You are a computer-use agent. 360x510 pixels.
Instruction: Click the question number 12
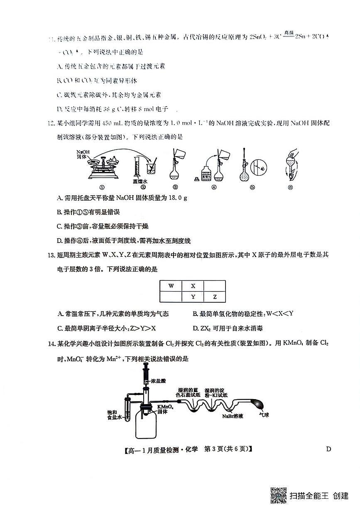click(x=51, y=124)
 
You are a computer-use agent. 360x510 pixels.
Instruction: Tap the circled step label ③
click(x=176, y=187)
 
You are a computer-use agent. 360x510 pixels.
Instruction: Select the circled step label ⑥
click(x=290, y=187)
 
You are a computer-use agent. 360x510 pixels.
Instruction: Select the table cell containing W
click(x=171, y=286)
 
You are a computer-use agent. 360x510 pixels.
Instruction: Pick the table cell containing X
click(x=193, y=286)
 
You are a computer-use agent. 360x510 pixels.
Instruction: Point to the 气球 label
click(x=264, y=414)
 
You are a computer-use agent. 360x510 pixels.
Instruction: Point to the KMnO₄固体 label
click(x=165, y=409)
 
